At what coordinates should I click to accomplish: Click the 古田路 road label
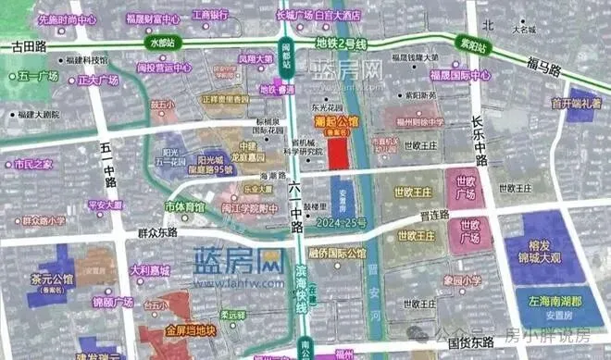(25, 44)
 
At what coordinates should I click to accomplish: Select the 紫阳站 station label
(450, 43)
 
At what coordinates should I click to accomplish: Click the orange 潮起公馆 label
(336, 121)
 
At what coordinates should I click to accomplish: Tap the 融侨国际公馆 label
(337, 251)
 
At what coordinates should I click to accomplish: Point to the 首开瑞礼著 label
(576, 103)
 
